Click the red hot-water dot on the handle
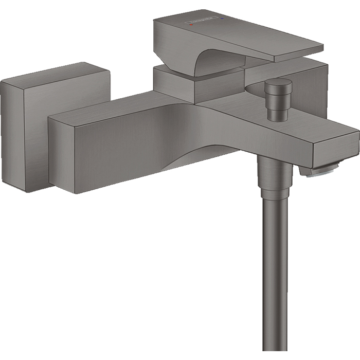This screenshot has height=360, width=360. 191,24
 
